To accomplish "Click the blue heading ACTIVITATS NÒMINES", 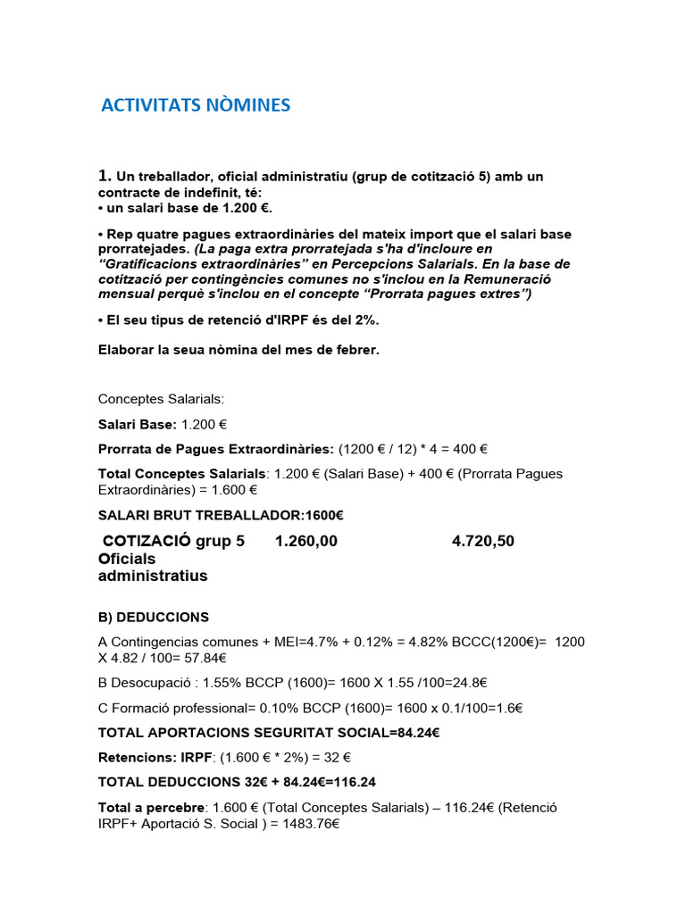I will [x=196, y=105].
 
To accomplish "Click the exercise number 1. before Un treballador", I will [x=105, y=176].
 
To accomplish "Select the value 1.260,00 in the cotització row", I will [x=306, y=541].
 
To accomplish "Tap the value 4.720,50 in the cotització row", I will [x=483, y=541].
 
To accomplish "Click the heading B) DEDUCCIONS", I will [x=153, y=617].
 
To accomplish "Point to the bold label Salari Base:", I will [x=137, y=426].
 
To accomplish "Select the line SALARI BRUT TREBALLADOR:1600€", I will [x=221, y=515].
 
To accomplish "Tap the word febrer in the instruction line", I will [x=358, y=350].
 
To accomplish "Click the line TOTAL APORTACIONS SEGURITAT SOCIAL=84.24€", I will [x=269, y=733].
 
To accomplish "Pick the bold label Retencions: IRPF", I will [x=155, y=757].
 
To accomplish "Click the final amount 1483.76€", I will [x=308, y=823].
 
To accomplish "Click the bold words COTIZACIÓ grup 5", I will [x=173, y=541].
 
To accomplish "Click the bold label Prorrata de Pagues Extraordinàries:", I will [x=215, y=449].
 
